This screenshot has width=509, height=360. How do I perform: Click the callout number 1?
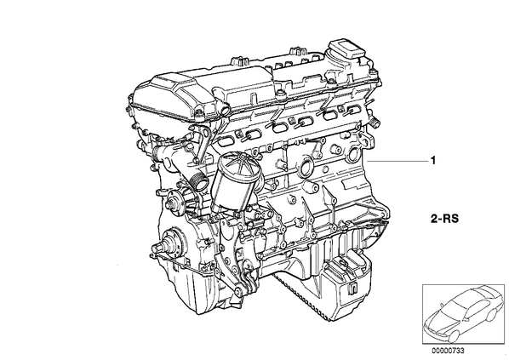point(432,161)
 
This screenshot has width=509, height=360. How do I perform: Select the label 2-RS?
point(444,219)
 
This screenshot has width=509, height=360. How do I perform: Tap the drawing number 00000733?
point(448,351)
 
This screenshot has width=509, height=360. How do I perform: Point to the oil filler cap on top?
point(345,49)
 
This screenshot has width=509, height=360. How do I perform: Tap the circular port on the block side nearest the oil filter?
point(305,167)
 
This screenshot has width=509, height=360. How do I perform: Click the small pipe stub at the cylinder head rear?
point(375,124)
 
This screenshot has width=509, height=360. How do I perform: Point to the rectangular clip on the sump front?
point(352,289)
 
